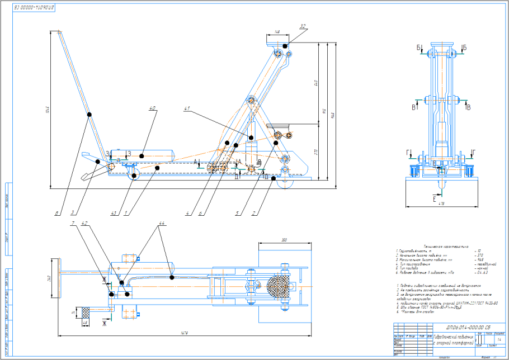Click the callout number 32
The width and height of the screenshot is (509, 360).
point(303,27)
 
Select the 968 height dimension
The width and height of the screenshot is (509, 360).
point(331,115)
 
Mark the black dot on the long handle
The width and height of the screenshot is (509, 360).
point(89,115)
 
